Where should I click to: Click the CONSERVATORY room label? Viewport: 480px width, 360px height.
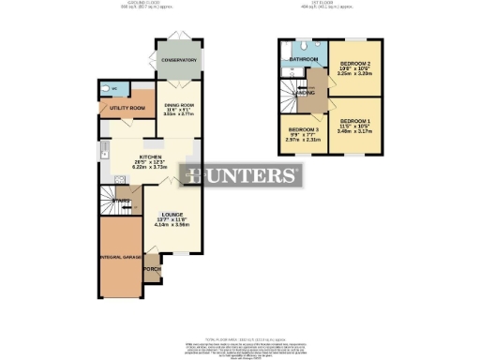177,60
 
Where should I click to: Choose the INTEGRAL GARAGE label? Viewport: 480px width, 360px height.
119,255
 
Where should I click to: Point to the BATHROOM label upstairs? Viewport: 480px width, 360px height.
304,60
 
